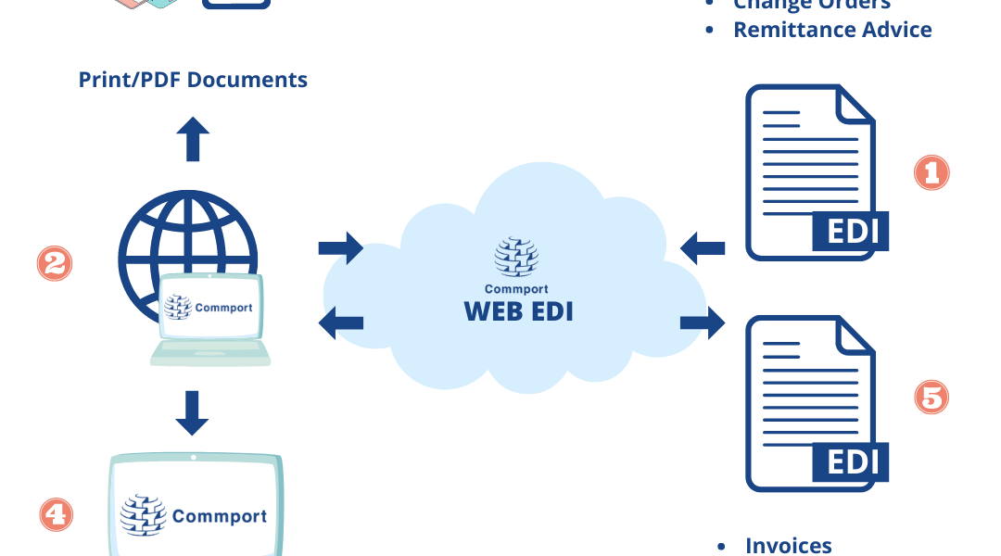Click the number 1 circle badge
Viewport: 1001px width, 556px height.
pos(931,172)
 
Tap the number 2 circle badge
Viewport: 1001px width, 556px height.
pos(54,263)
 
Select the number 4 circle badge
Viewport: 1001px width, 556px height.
pos(56,513)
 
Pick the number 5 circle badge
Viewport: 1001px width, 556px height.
pos(931,398)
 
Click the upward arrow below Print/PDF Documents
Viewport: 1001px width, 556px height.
pos(193,139)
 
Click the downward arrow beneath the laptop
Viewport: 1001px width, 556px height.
pos(192,412)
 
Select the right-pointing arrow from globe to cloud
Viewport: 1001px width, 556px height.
pos(340,247)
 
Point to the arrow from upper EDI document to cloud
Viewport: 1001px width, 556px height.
pos(703,247)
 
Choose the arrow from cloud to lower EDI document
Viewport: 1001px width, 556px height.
pos(703,322)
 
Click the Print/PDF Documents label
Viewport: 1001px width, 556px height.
pos(193,79)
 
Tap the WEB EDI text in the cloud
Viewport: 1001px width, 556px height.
pos(518,310)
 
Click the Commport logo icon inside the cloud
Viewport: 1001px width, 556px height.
pos(516,258)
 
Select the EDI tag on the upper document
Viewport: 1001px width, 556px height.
pos(850,231)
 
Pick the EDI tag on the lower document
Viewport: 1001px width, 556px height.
pos(850,461)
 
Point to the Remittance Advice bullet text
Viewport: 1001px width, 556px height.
pos(831,30)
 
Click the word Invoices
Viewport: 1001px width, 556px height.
pos(788,546)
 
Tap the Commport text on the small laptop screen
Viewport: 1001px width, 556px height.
pos(223,308)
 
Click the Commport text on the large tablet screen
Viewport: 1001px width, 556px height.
pos(219,516)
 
